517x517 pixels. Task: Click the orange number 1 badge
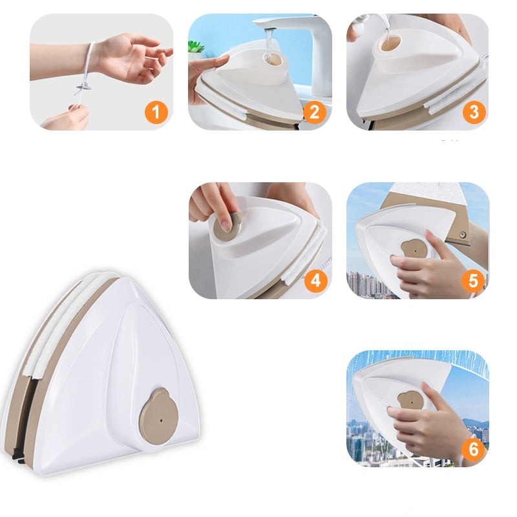coord(156,112)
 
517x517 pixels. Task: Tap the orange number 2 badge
coord(314,112)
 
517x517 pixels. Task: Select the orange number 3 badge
coord(474,112)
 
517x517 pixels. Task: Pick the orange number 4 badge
coord(315,281)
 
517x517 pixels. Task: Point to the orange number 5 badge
coord(473,281)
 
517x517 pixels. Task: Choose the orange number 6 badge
coord(473,448)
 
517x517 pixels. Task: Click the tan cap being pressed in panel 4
coord(227,226)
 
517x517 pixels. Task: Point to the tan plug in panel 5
coord(412,251)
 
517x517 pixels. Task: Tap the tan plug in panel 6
coord(410,401)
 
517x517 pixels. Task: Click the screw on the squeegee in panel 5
coord(463,235)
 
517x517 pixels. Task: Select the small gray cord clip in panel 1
coord(84,87)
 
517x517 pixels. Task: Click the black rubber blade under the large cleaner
coord(19,458)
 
